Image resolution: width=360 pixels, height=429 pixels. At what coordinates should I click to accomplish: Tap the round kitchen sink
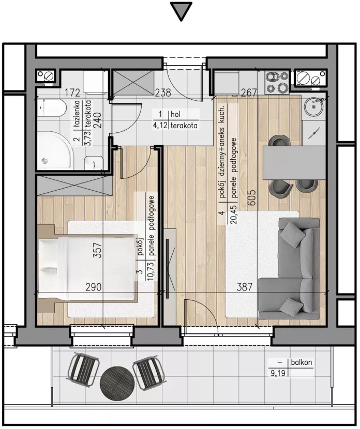coord(314,108)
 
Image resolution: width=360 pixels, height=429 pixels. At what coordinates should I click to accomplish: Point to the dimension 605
coord(252,198)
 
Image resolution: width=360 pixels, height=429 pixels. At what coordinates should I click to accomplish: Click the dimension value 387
coord(245,287)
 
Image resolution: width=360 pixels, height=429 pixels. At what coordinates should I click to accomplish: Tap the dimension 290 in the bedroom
coord(93,287)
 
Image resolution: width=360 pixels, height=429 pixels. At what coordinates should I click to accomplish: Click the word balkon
coord(302,362)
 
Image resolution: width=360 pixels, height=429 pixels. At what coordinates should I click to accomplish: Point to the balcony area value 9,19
coord(278,374)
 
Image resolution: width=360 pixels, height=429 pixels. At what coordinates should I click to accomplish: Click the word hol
coord(175,114)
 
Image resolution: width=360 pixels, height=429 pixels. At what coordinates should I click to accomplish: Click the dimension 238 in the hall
coord(162,93)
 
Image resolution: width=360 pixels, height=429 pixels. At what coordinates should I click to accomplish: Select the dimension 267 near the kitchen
coord(249,93)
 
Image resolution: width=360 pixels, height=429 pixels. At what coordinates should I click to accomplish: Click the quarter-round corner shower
coord(55,150)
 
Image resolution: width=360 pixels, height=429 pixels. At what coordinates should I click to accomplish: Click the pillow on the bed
coord(48,269)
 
